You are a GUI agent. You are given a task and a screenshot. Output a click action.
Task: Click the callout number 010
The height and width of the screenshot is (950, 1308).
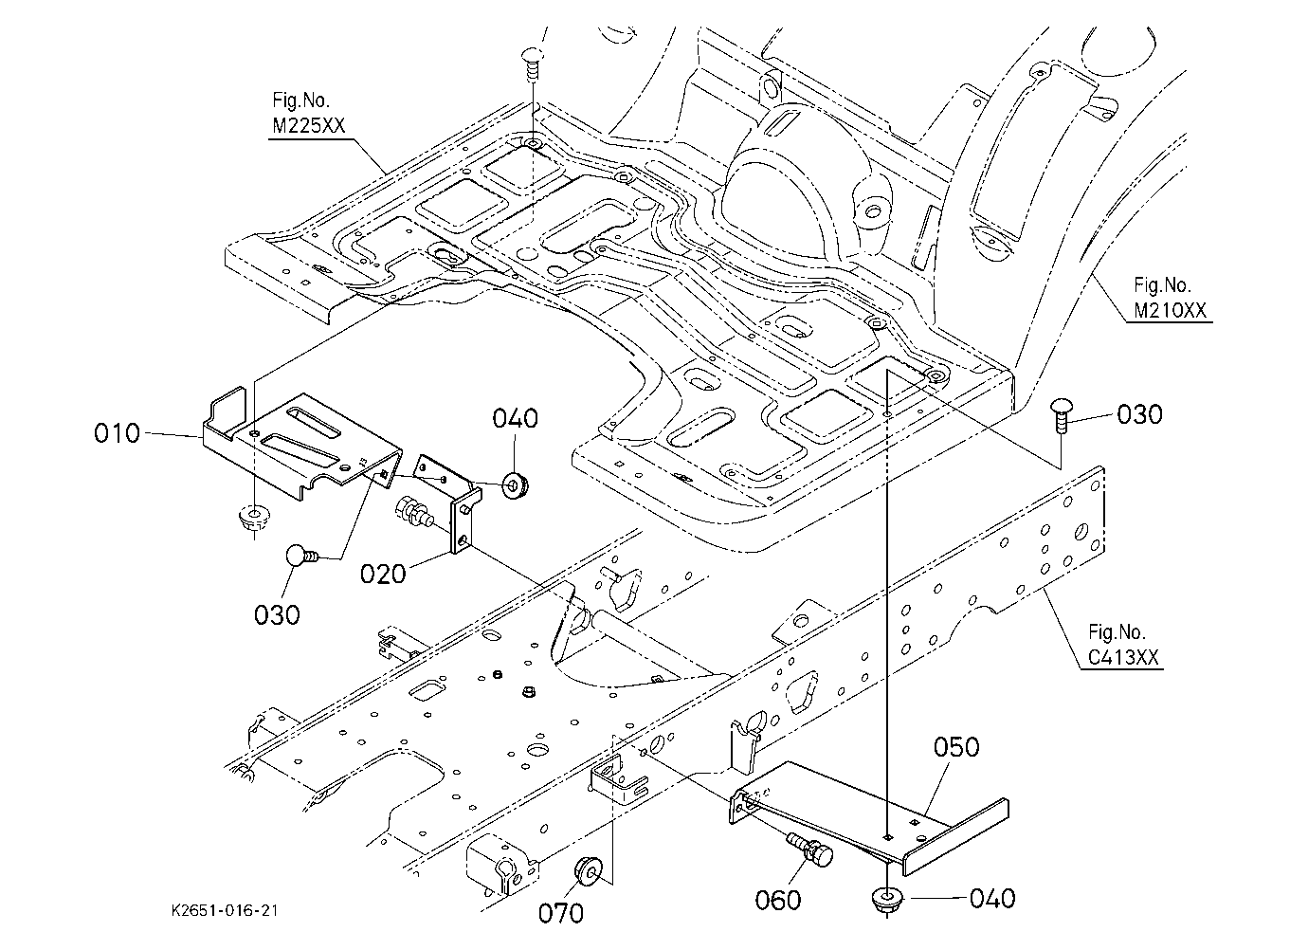[x=117, y=433]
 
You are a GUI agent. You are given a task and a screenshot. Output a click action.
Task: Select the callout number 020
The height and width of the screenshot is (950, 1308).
[x=383, y=574]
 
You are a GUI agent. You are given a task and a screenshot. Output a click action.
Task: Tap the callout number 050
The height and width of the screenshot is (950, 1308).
[x=956, y=747]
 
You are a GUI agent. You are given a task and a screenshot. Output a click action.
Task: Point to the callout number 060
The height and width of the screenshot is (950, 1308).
[x=778, y=901]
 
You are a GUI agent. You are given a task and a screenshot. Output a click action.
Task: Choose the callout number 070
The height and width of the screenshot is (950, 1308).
[x=560, y=914]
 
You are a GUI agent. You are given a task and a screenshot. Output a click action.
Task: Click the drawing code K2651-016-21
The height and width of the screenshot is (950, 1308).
[x=225, y=910]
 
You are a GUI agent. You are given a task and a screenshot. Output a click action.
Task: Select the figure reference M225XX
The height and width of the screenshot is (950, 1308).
[x=308, y=125]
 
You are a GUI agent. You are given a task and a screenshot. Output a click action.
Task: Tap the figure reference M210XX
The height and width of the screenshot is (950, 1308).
[x=1170, y=310]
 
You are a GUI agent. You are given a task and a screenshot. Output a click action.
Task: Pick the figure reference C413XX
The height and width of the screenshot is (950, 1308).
[x=1123, y=658]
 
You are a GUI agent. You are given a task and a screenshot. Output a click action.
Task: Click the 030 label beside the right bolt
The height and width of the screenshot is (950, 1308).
[x=1140, y=414]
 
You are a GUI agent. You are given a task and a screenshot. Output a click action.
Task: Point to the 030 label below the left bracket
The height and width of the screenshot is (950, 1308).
[x=277, y=614]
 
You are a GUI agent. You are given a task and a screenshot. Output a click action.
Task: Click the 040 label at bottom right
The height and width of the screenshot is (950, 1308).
[x=992, y=899]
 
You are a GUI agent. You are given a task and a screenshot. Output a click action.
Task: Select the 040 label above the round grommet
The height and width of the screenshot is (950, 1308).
[x=515, y=418]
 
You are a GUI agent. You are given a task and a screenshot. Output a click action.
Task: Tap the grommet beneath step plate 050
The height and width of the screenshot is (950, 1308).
[x=886, y=899]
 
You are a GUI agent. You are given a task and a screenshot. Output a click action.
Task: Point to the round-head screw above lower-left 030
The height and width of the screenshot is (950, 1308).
[x=302, y=555]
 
